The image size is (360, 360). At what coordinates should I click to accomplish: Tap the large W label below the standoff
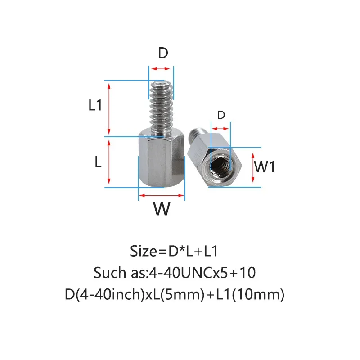pos(162,208)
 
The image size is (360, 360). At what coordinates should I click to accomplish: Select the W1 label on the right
pos(264,167)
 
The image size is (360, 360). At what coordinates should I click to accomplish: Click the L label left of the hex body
pos(98,162)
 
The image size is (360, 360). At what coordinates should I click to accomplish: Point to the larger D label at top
pos(162,53)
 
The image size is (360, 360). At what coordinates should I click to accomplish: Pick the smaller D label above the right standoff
pos(220,115)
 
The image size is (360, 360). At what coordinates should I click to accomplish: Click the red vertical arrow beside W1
pos(253,166)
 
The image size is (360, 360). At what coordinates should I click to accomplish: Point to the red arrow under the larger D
pos(161,69)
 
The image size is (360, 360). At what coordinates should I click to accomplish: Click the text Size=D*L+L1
pos(174,250)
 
